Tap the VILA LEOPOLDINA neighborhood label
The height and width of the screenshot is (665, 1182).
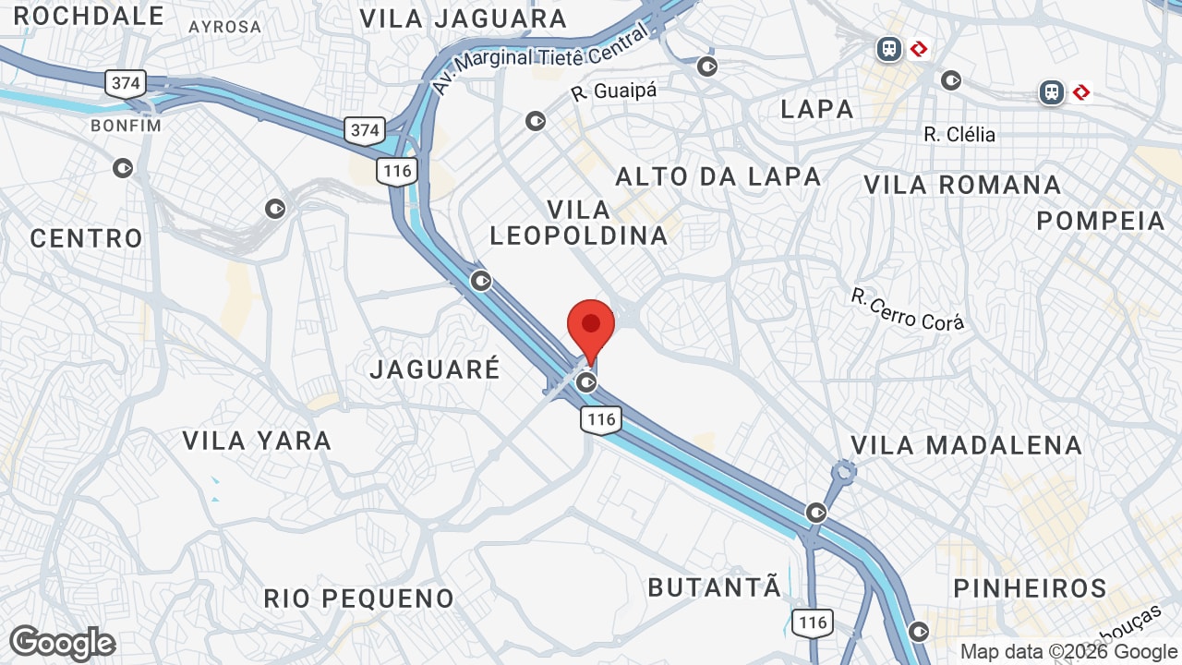578,223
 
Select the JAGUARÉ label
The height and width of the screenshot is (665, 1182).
435,369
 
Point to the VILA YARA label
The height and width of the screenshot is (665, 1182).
257,441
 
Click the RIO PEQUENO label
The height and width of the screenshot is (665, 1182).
358,598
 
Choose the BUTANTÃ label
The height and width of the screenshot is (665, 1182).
714,587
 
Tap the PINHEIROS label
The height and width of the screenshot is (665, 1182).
1030,588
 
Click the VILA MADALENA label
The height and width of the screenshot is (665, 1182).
966,445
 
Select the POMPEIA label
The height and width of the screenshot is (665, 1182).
1101,221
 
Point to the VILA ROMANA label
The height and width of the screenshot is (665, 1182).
962,185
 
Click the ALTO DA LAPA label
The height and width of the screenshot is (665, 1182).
718,176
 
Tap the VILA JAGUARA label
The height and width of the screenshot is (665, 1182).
463,18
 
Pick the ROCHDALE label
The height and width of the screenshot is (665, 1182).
89,16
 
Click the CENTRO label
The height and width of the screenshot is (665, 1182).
87,238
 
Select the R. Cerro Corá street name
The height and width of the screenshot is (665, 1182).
907,309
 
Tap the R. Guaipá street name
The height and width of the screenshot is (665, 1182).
613,92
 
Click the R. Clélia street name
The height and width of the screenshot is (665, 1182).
959,135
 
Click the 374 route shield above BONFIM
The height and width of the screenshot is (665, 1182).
126,83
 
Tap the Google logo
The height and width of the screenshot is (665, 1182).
62,643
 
